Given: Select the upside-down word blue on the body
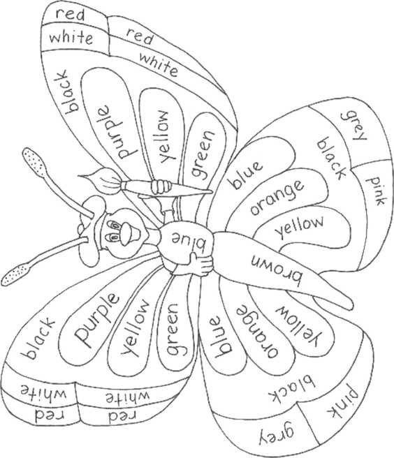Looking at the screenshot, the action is point(189,241).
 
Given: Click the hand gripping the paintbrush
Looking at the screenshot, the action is point(160,186).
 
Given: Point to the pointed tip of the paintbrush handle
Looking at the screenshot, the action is point(211,192).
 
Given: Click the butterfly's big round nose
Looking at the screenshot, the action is point(129,234).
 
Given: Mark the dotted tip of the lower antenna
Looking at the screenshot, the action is point(15,274).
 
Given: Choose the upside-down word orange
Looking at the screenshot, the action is point(256,331).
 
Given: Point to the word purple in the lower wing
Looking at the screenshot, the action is point(96,320).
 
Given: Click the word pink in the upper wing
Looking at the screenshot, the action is point(376,191).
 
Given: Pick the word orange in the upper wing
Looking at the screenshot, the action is point(277,198).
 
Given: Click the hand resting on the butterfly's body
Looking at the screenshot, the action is point(200,264).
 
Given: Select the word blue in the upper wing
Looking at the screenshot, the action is point(247,175).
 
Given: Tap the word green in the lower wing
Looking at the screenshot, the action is point(173,330).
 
